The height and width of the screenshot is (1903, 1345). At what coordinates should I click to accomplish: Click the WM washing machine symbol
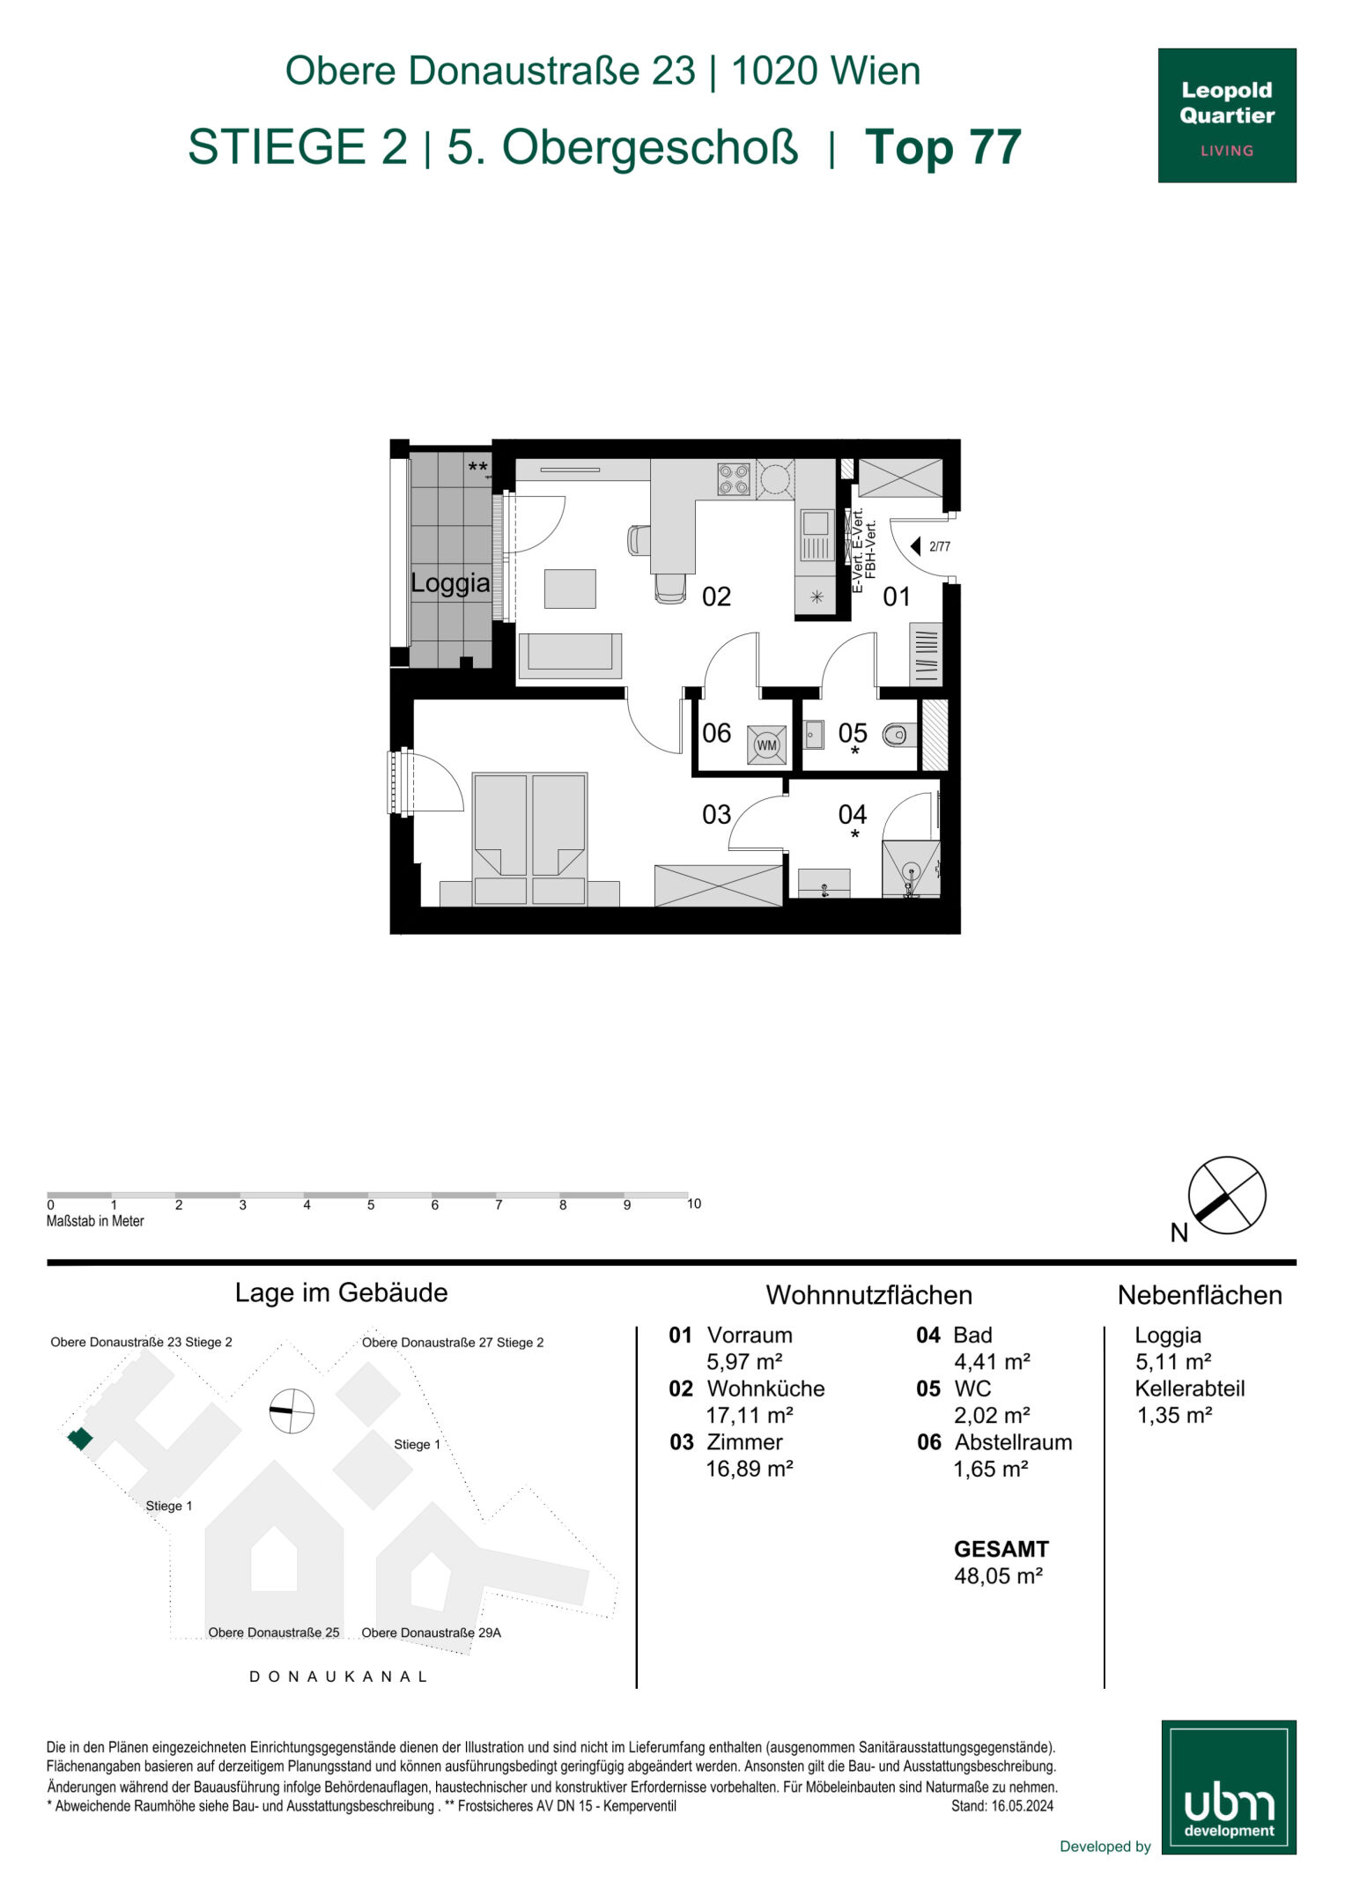766,744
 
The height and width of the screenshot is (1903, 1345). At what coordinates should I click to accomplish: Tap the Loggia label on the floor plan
450,582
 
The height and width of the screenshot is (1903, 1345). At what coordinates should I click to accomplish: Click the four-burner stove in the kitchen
734,479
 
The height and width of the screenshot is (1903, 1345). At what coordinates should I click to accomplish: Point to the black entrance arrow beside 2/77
915,546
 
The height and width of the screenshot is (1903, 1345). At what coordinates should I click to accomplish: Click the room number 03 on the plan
716,814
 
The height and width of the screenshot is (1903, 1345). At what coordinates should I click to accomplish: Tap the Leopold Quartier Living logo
1227,115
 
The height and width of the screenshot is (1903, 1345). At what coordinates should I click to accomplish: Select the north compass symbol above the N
1227,1196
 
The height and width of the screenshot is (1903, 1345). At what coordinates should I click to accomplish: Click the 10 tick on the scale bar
694,1203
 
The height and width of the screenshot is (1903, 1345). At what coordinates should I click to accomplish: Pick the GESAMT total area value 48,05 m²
998,1575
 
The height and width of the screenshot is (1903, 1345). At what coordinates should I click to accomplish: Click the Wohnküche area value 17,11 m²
750,1415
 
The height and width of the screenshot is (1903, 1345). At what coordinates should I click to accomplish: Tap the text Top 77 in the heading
943,146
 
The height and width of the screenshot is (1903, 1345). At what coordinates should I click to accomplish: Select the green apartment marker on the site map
80,1439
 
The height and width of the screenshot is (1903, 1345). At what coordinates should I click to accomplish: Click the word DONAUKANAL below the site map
339,1677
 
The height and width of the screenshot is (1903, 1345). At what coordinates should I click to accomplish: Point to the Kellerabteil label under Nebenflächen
1190,1388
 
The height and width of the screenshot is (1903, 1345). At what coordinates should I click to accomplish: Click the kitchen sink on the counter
816,536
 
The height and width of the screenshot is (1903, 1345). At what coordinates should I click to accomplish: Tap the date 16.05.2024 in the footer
1023,1805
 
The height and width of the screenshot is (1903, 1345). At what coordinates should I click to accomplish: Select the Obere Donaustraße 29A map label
431,1633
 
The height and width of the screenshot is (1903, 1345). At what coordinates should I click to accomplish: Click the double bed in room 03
529,839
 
